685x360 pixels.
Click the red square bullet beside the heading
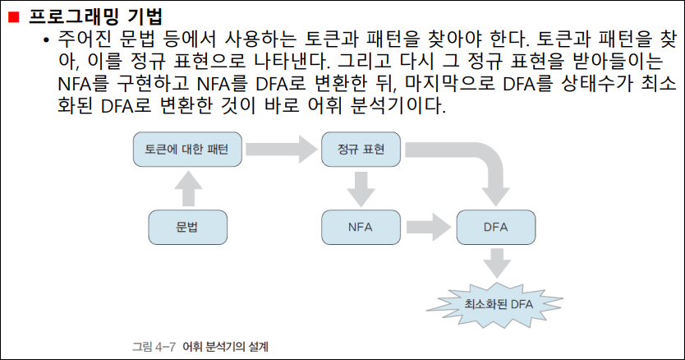[14, 16]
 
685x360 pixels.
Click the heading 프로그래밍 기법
[95, 16]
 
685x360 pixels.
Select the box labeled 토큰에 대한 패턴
[187, 149]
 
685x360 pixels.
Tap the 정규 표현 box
[361, 149]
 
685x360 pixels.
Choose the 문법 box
[188, 227]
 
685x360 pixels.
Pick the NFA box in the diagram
[361, 227]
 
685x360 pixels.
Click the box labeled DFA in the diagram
[496, 227]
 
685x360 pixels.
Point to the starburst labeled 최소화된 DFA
[496, 304]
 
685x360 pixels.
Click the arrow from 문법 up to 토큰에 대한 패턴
[188, 188]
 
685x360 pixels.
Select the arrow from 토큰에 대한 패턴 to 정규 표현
[282, 149]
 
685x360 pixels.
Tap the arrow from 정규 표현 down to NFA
[361, 189]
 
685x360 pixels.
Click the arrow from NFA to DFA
[428, 227]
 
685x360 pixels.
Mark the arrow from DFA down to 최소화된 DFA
[497, 263]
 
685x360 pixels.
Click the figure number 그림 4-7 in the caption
[154, 347]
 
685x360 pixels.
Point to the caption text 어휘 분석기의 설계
[225, 347]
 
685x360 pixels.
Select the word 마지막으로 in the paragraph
[449, 83]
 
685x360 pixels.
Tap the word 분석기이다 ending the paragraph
[398, 105]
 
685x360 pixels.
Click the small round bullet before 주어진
[47, 40]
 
